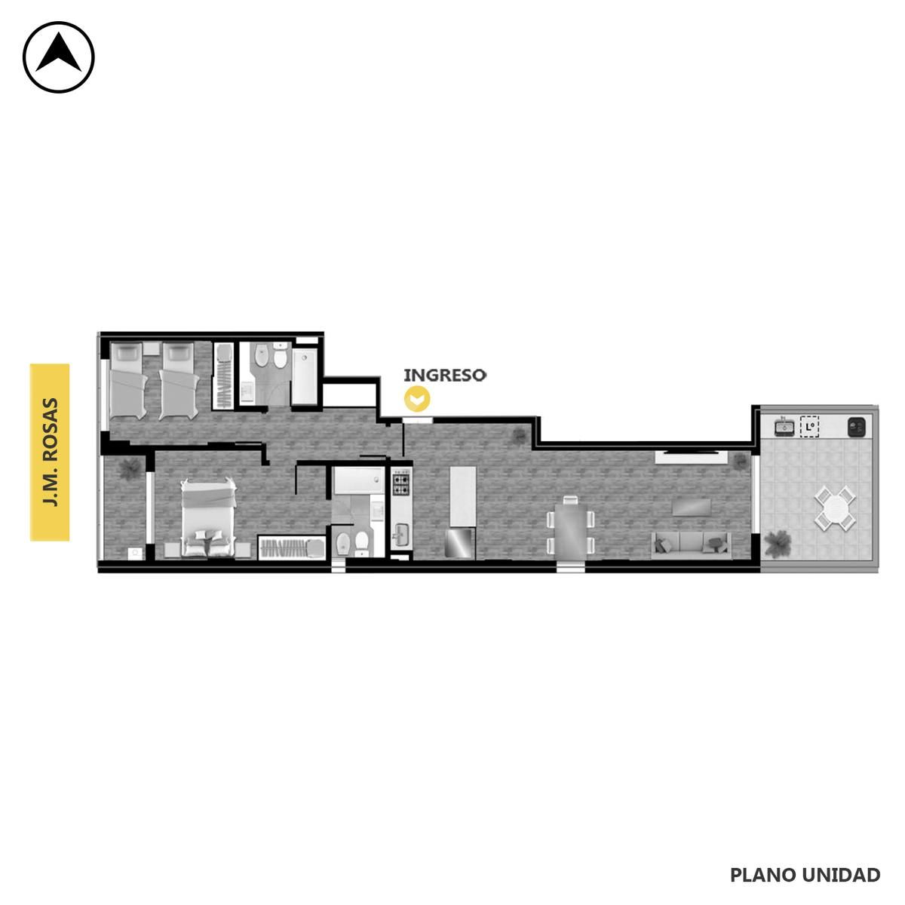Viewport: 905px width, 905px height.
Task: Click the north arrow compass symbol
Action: tap(59, 57)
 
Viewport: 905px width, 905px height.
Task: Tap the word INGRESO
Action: tap(445, 376)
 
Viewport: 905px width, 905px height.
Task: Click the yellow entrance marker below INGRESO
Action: tap(417, 399)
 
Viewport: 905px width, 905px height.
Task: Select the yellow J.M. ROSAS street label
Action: tap(50, 452)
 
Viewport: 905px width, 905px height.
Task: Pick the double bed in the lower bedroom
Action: tap(209, 517)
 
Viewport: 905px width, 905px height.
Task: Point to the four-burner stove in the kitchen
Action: tap(400, 483)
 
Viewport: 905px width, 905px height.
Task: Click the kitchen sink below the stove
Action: tap(400, 535)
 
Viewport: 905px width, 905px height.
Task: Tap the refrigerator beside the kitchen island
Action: tap(460, 543)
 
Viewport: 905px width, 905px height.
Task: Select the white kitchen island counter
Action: tap(462, 496)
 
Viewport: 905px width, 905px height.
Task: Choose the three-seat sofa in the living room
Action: tap(691, 545)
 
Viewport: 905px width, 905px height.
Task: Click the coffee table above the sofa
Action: tap(692, 508)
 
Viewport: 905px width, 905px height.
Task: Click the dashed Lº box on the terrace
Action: tap(810, 427)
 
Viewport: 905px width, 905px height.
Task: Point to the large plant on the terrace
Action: tap(778, 543)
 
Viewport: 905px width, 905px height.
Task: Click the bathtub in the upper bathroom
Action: tap(305, 376)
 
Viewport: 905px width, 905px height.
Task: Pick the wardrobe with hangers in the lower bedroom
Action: tap(292, 547)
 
